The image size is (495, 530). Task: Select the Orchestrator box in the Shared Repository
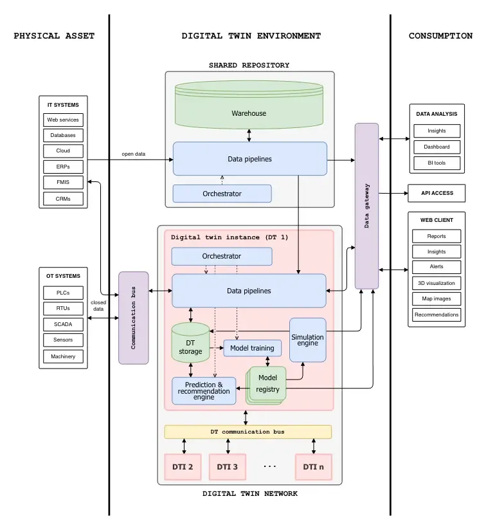pyautogui.click(x=222, y=193)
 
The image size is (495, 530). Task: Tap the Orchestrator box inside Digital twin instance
pyautogui.click(x=221, y=256)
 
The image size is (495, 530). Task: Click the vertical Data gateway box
pyautogui.click(x=366, y=206)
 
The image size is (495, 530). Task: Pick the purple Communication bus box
pyautogui.click(x=133, y=318)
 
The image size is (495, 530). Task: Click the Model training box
pyautogui.click(x=252, y=348)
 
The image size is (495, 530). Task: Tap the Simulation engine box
pyautogui.click(x=307, y=340)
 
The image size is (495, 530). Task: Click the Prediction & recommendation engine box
pyautogui.click(x=204, y=390)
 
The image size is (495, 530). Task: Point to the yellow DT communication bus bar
pyautogui.click(x=248, y=432)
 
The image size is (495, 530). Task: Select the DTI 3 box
pyautogui.click(x=227, y=467)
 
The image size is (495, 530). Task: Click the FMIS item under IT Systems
pyautogui.click(x=63, y=183)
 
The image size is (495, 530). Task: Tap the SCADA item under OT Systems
pyautogui.click(x=63, y=324)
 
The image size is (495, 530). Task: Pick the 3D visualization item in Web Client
pyautogui.click(x=437, y=283)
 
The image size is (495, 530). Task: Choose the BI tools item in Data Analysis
pyautogui.click(x=437, y=163)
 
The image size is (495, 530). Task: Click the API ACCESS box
pyautogui.click(x=437, y=193)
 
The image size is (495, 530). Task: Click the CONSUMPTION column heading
pyautogui.click(x=440, y=36)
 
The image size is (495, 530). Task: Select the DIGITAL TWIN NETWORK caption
pyautogui.click(x=250, y=494)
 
